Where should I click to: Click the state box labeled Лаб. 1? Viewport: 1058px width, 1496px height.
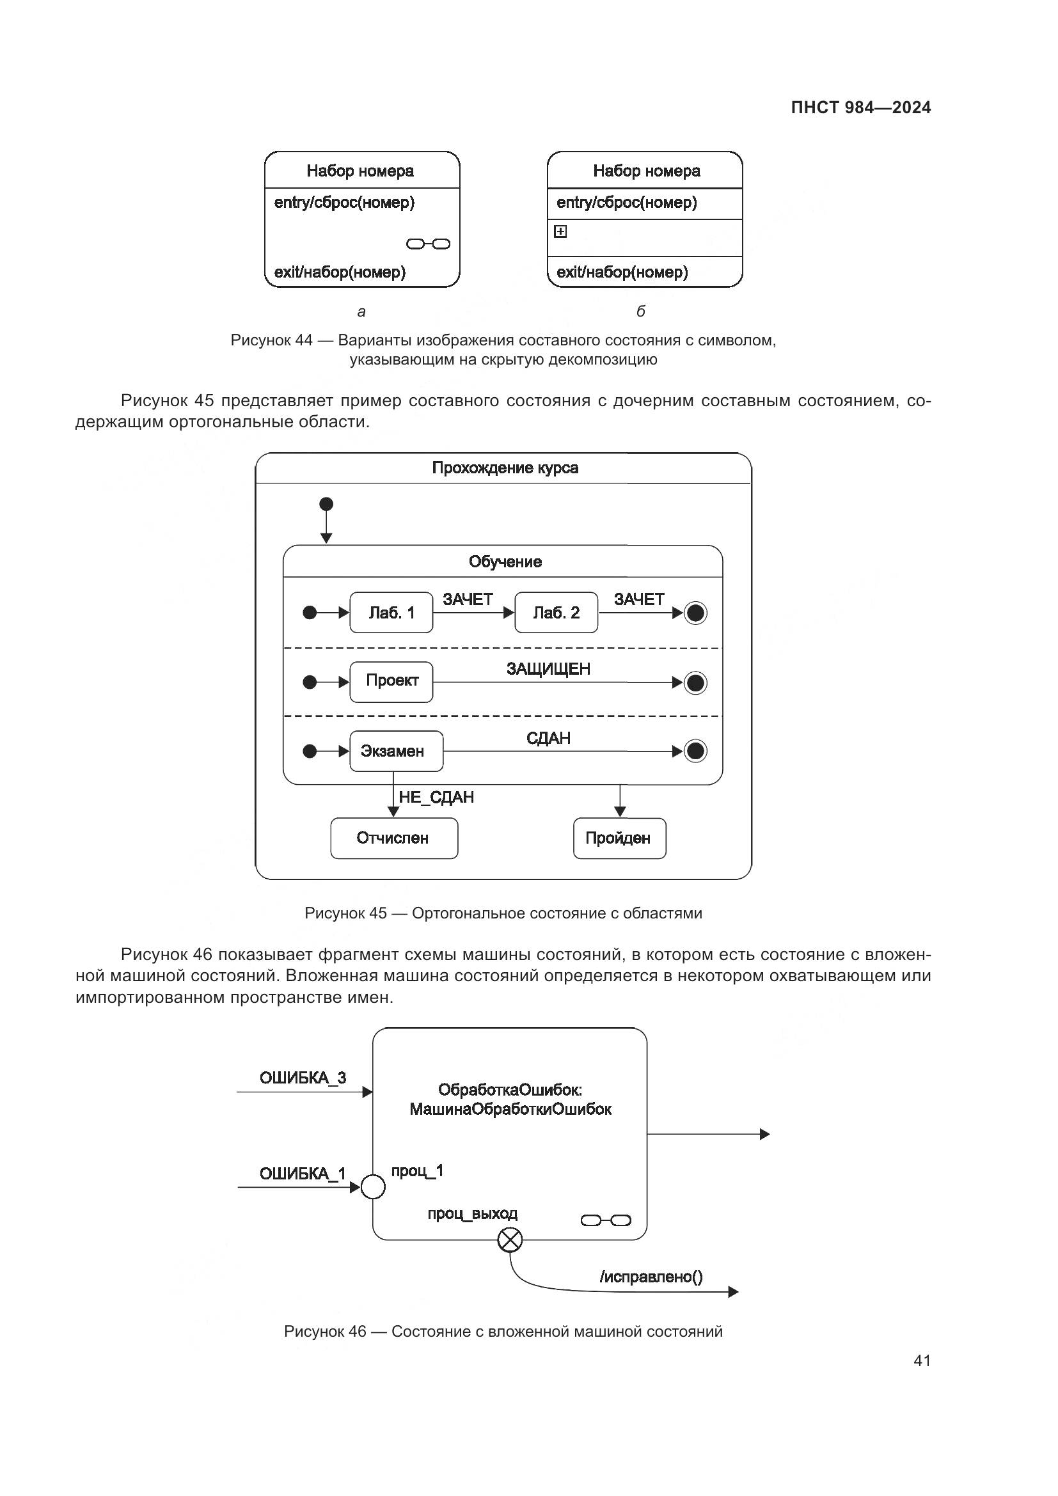[x=391, y=613]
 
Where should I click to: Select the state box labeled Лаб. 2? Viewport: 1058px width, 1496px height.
[x=556, y=613]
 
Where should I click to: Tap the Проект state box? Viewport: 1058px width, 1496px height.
[x=391, y=682]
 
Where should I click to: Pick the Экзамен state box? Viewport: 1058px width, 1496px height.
[x=396, y=752]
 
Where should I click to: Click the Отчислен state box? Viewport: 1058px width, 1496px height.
[x=394, y=838]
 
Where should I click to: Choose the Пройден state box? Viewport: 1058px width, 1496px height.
[x=619, y=838]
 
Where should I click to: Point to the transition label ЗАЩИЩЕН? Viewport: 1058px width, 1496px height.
[x=548, y=669]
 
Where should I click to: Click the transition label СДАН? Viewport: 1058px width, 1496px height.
[x=548, y=738]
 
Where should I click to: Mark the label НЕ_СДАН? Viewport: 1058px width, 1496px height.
[x=436, y=798]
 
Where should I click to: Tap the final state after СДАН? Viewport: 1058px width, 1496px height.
[x=695, y=752]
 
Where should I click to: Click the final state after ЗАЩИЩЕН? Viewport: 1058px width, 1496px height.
[x=695, y=683]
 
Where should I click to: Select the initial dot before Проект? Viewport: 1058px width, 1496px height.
[x=310, y=682]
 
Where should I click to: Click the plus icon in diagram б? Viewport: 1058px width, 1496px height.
[x=560, y=232]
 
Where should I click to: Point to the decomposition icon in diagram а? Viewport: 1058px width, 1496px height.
[x=428, y=244]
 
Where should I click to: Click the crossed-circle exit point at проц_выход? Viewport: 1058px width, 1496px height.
[x=509, y=1240]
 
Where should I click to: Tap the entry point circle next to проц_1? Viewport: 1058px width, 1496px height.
[x=373, y=1187]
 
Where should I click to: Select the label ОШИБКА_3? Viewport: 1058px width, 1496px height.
[x=303, y=1078]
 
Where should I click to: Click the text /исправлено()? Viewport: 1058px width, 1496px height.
[x=651, y=1277]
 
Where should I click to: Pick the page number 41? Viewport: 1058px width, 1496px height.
[x=922, y=1360]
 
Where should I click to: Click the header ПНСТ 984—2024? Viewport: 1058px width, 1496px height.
[x=860, y=107]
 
